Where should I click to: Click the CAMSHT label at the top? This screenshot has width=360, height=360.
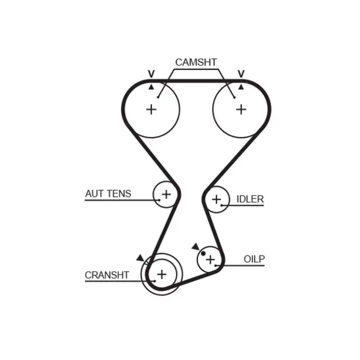point(196,62)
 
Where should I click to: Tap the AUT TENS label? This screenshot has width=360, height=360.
point(108,194)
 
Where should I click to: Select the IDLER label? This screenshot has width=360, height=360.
point(250,199)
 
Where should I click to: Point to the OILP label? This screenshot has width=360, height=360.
point(254,259)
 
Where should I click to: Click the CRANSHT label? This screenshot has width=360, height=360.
point(107,275)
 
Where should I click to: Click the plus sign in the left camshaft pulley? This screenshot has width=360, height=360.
point(152,109)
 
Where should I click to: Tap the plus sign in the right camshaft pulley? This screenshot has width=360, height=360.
point(241,109)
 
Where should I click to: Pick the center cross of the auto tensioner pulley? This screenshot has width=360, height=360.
point(166,194)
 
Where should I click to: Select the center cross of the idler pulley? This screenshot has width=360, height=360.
point(216,199)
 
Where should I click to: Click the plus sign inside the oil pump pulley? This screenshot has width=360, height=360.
point(210,259)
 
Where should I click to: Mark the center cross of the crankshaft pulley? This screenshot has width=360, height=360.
point(162,274)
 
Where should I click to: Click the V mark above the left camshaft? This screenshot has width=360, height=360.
point(152,74)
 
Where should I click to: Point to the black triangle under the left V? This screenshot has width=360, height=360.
point(152,87)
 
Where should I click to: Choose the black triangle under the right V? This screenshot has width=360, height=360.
point(241,87)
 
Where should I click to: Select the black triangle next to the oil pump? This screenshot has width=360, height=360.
point(195,247)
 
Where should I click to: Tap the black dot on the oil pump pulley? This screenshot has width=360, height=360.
point(203,253)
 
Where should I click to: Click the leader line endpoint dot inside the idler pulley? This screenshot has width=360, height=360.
point(222,206)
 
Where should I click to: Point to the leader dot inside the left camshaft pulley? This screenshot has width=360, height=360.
point(158,96)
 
